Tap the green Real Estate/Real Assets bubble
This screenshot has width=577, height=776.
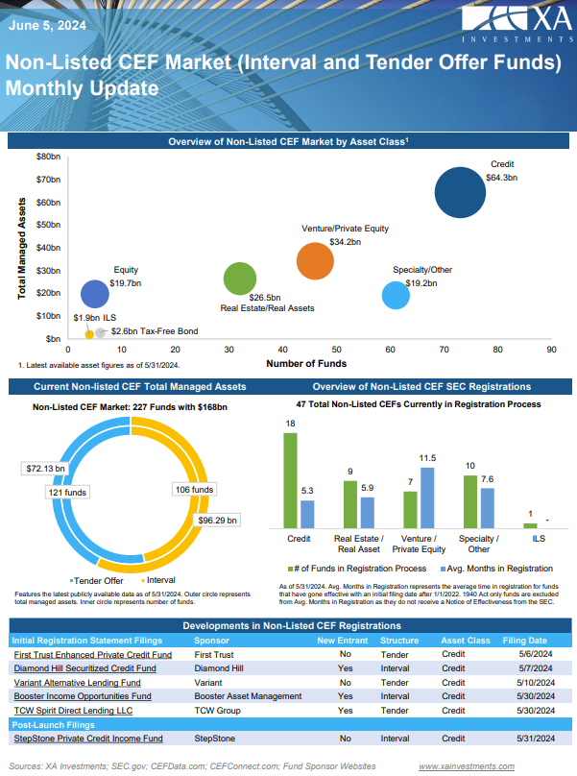point(240,279)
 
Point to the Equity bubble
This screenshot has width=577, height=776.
point(94,294)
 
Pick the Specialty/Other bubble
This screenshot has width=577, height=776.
point(396,295)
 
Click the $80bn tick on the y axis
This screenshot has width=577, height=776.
point(48,156)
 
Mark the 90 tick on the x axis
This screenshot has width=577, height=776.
point(552,351)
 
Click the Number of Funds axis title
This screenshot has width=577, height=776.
point(306,364)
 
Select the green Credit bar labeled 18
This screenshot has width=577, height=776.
point(291,480)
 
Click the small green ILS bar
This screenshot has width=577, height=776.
point(529,525)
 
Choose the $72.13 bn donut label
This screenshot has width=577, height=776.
point(46,469)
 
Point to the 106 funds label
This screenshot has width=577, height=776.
point(195,489)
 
